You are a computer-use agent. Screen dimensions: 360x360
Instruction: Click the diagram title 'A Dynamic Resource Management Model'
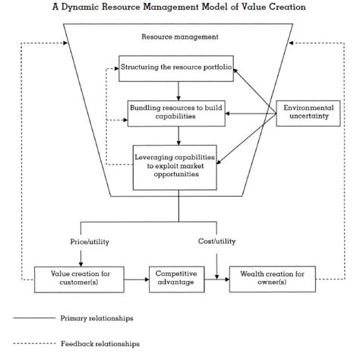(179, 8)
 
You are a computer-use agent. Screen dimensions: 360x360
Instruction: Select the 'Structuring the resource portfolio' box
(177, 68)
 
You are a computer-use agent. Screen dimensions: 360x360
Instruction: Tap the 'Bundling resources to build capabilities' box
(177, 113)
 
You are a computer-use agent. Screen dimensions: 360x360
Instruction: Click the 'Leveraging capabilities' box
(177, 166)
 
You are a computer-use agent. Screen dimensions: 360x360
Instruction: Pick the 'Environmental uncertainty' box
(308, 113)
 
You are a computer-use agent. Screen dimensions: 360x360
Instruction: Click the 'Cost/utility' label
(217, 242)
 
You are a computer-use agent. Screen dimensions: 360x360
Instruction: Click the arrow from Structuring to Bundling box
(177, 90)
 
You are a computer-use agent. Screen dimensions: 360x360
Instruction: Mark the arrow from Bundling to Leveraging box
(177, 135)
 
